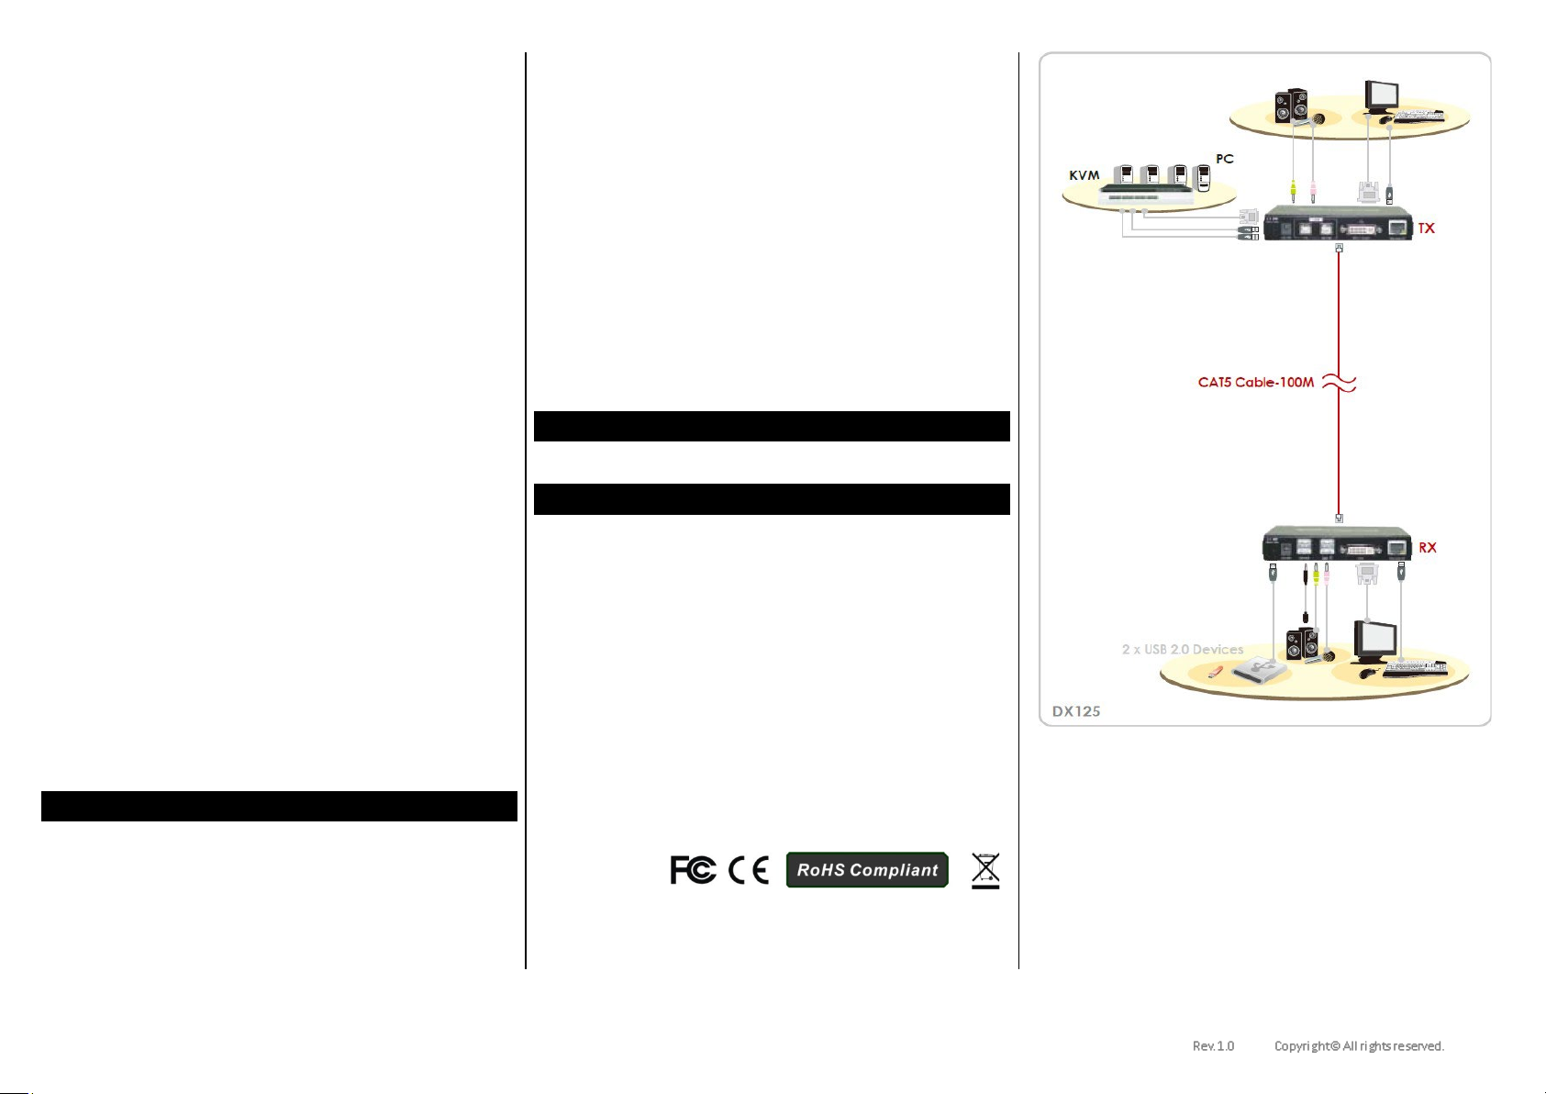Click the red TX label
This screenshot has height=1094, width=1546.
pos(1426,229)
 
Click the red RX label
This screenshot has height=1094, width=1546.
pos(1428,548)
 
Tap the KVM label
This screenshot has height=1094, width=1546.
pos(1084,175)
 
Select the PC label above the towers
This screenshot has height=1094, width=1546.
pos(1225,159)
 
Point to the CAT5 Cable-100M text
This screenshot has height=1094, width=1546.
pos(1255,383)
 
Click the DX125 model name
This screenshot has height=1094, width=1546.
pos(1076,711)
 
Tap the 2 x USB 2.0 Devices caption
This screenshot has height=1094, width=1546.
pos(1182,650)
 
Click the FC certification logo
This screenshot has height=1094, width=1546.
pos(693,870)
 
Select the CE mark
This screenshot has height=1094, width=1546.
pos(749,870)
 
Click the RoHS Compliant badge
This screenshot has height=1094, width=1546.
pos(867,870)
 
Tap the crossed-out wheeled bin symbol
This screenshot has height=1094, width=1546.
pos(985,870)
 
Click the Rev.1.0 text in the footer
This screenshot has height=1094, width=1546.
pos(1213,1046)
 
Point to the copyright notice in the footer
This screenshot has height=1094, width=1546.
pos(1359,1046)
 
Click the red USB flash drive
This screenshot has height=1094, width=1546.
pos(1212,673)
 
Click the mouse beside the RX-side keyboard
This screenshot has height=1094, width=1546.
pos(1368,673)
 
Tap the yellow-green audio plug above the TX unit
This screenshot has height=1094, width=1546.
pos(1293,190)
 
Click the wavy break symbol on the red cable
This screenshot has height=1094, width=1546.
pos(1339,383)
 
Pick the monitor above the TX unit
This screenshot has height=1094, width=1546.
pos(1381,95)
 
